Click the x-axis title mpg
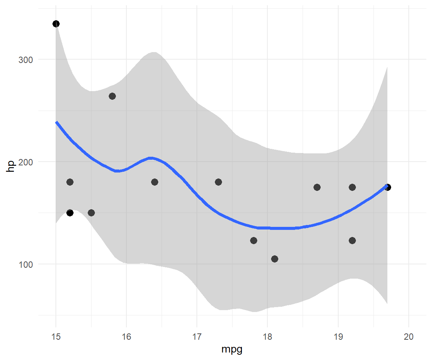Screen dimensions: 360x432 (232, 349)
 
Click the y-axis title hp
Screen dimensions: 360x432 (11, 165)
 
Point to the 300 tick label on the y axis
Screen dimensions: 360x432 (25, 60)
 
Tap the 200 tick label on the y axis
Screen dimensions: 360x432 (25, 162)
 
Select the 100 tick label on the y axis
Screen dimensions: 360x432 (25, 264)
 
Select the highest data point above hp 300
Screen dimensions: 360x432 (56, 24)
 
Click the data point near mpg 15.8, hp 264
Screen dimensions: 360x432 (112, 96)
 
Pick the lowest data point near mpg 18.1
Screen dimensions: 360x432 (274, 259)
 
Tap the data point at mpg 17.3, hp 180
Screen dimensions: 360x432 (218, 182)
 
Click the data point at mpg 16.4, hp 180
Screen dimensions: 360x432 (154, 182)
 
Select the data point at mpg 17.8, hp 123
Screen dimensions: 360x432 (253, 240)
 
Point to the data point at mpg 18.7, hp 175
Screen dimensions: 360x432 (317, 187)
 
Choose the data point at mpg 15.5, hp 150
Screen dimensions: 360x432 (91, 213)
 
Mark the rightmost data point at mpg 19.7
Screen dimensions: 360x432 (388, 187)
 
